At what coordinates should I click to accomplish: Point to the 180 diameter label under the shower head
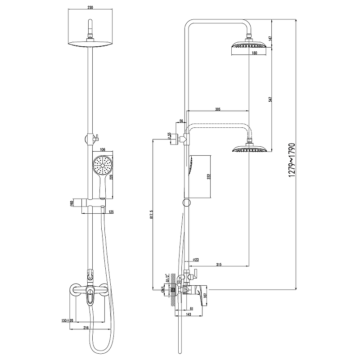tap(254, 53)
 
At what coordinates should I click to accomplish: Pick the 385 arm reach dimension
tap(218, 109)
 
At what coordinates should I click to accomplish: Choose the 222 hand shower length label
tap(209, 176)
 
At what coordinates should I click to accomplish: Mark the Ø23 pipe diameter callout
tap(196, 260)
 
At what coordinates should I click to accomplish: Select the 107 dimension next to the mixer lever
tap(206, 295)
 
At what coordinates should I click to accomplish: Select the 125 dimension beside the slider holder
tap(110, 211)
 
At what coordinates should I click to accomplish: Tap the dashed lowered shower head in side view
tap(249, 148)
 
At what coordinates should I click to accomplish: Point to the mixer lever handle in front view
tap(90, 297)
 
